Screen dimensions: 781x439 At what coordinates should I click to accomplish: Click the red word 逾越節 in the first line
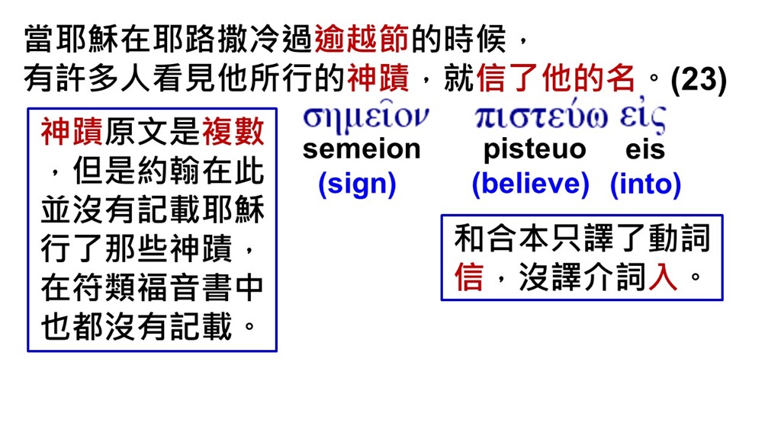361,39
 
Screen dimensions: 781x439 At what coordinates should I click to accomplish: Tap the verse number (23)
699,79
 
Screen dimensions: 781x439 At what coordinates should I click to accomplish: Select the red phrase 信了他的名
556,79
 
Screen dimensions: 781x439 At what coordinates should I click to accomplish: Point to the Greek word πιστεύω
541,117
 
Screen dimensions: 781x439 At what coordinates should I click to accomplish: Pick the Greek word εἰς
642,117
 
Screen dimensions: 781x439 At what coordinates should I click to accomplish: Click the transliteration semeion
362,149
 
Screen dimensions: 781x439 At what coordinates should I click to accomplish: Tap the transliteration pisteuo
535,149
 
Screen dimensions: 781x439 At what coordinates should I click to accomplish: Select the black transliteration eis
645,149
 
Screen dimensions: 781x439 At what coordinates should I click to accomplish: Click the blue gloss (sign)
357,184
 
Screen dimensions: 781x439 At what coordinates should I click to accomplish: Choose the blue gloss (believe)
531,184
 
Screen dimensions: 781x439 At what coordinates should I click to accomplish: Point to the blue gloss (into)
645,184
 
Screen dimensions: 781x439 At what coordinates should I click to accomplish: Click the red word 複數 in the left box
233,132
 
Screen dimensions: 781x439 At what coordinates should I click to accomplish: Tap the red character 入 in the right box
663,276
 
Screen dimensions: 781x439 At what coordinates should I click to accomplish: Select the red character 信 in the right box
469,276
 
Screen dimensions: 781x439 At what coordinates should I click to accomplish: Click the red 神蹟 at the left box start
72,132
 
